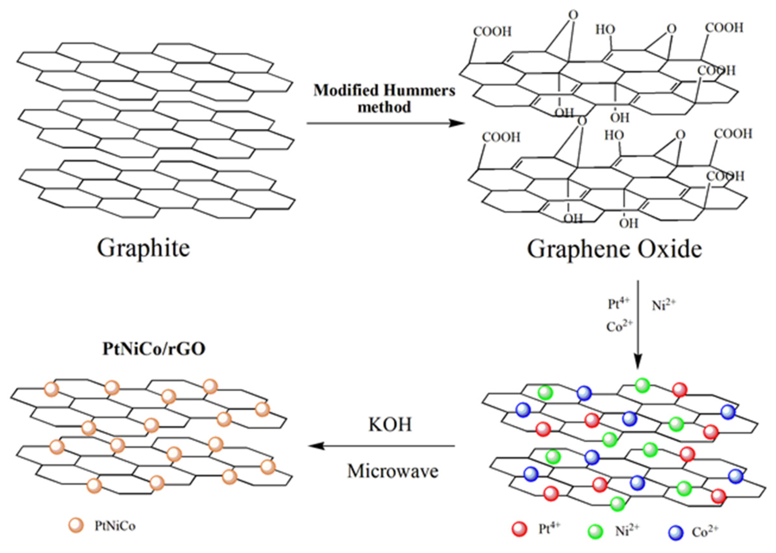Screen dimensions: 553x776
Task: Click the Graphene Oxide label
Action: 614,249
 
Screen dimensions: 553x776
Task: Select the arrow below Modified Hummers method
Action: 385,123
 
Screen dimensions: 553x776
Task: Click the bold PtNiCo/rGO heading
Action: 154,349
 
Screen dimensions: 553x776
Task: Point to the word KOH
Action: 390,425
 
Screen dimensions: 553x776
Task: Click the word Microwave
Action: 393,472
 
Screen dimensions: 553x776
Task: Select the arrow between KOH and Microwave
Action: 381,446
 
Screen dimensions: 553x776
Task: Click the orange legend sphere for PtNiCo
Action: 76,526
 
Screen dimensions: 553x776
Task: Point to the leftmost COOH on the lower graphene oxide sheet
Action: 501,138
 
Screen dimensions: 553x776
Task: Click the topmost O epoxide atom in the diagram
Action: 573,15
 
